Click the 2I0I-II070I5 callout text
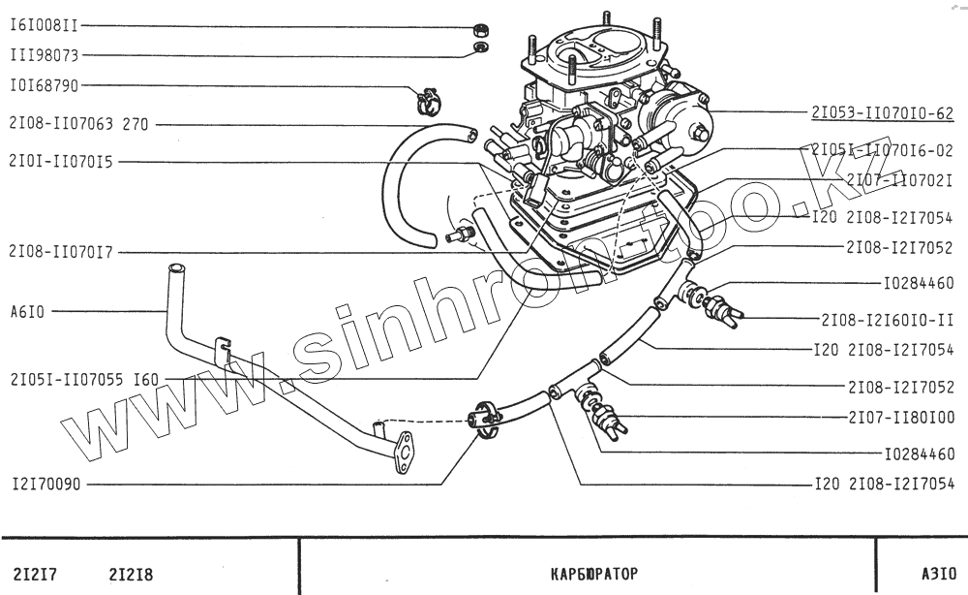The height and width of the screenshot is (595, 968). pos(60,162)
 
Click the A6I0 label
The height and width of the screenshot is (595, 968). pos(25,312)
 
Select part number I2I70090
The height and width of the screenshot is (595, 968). pos(45,483)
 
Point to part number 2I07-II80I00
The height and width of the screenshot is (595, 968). pos(900,418)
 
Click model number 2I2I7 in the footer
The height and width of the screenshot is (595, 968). pos(35,574)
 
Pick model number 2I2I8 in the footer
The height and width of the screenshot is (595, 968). pos(132,574)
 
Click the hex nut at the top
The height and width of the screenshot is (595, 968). pos(481,25)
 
